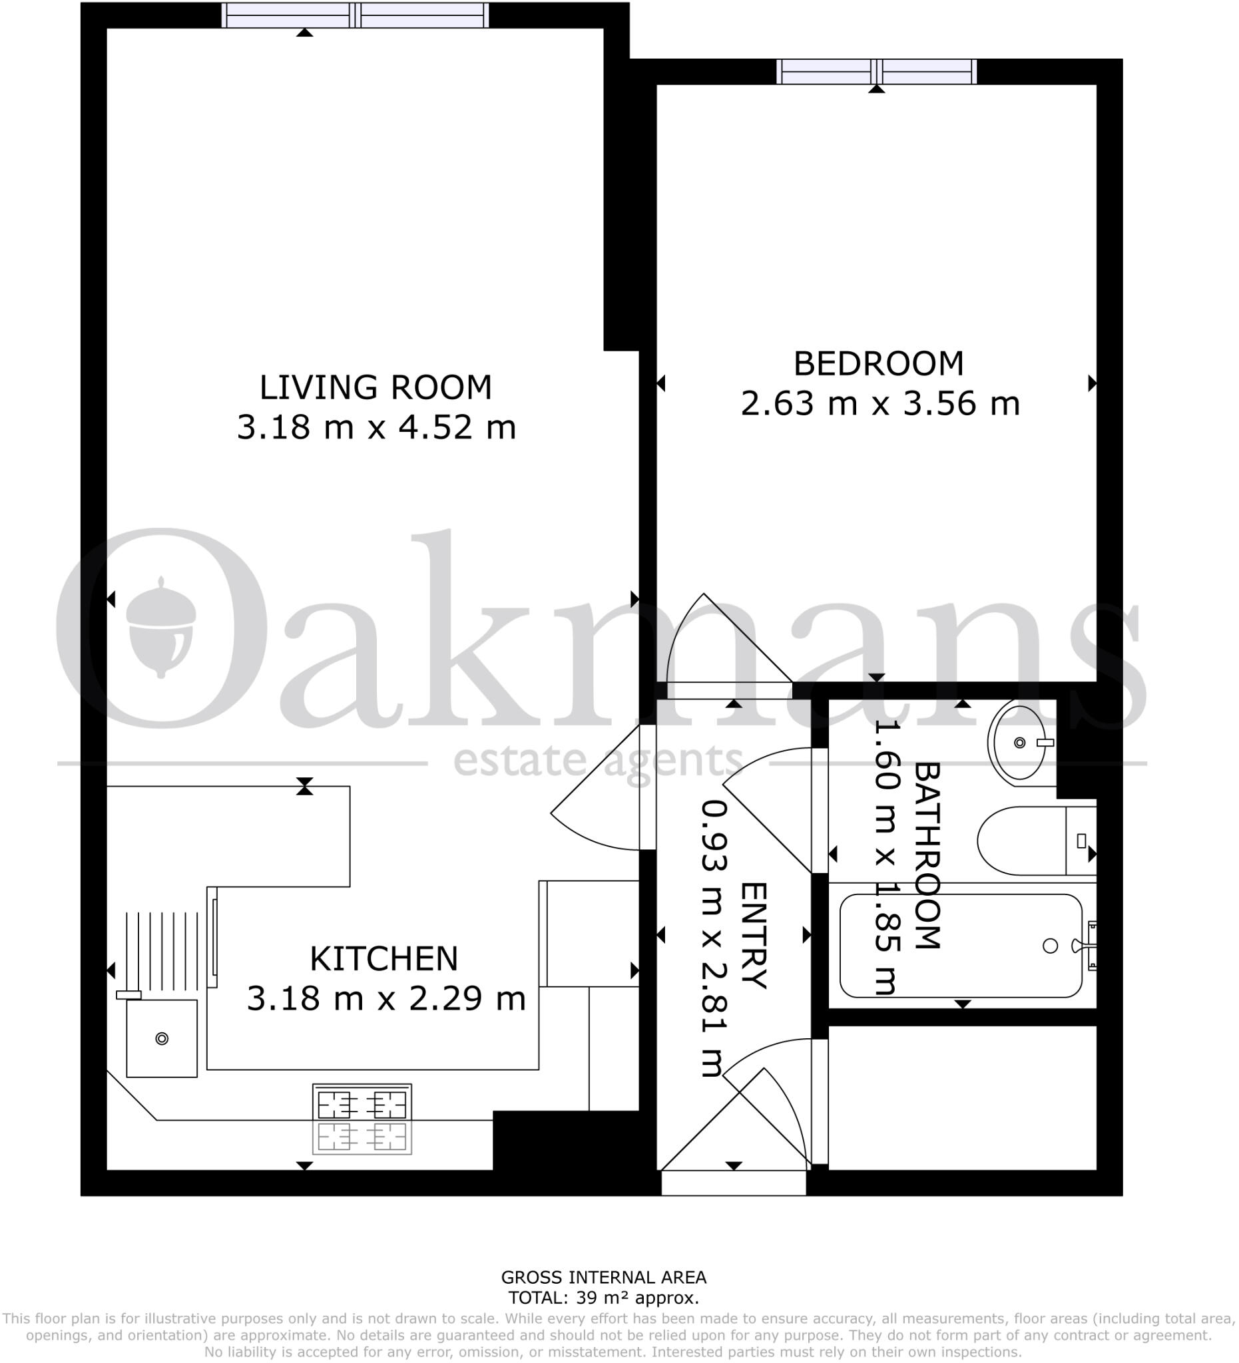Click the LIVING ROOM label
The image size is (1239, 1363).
(375, 387)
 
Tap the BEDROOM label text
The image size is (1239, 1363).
(878, 364)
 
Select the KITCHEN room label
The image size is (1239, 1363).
(383, 959)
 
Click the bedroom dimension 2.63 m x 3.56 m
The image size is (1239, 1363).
(880, 403)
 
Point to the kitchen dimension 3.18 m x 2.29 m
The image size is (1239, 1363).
(385, 998)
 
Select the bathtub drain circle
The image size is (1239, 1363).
(1050, 946)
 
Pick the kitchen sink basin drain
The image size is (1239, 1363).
(162, 1038)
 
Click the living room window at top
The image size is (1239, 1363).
(355, 15)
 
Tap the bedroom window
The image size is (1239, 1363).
(877, 71)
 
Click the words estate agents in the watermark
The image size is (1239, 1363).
(598, 762)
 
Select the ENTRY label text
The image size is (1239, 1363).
(754, 935)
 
